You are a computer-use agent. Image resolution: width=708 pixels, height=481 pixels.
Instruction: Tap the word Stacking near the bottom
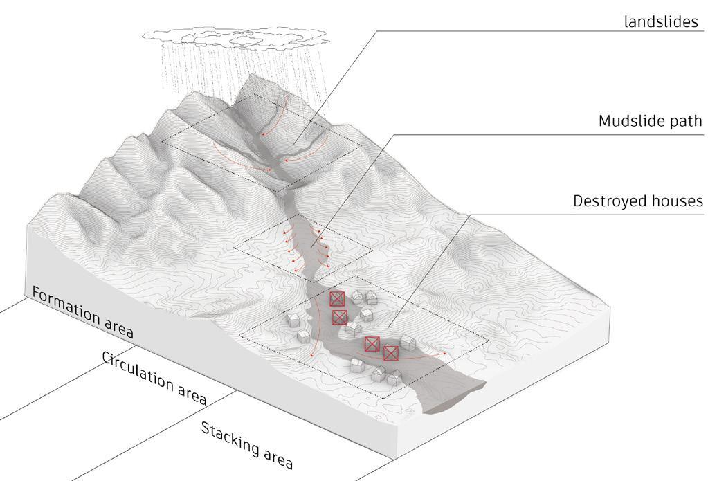click(229, 437)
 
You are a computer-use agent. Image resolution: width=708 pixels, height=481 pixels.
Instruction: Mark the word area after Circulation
click(189, 393)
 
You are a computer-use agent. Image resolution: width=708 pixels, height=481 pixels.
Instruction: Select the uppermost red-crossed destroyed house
click(337, 299)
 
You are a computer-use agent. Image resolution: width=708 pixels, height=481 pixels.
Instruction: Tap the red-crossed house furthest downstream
click(391, 353)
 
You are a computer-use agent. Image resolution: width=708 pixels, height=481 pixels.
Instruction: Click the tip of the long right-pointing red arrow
click(445, 353)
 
